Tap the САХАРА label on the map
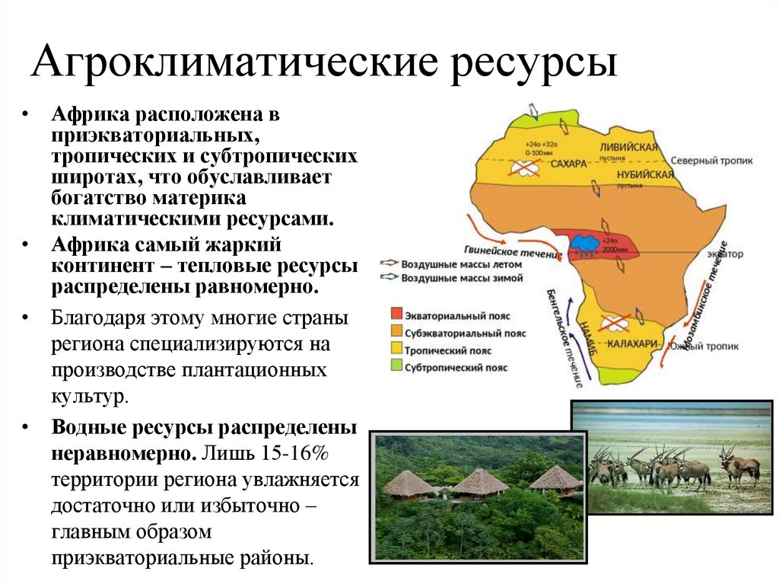coord(568,164)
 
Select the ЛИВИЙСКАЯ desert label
coord(628,147)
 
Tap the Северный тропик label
coord(711,161)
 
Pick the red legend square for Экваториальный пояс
coord(396,315)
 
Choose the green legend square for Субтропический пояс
coord(396,367)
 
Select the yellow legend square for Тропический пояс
coord(396,350)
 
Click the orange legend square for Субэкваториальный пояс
coord(396,333)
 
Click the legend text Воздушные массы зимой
coord(462,279)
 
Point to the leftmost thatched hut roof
coord(409,483)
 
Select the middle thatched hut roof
coord(480,481)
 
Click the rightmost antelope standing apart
coord(739,466)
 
